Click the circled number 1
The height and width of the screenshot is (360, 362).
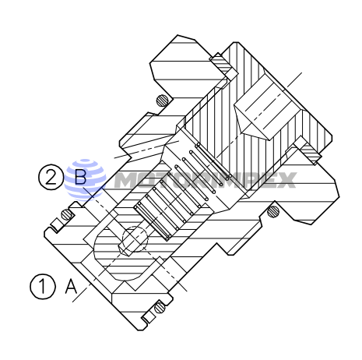[44, 286]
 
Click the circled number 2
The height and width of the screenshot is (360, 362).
[50, 178]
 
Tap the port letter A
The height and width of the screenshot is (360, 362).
[71, 287]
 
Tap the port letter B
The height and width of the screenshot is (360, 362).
[79, 178]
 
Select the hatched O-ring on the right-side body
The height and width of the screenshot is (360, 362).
[272, 211]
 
